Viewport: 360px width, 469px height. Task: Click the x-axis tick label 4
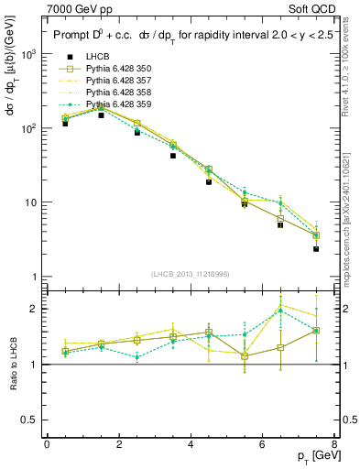(191, 444)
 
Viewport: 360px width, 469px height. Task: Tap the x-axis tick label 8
(334, 444)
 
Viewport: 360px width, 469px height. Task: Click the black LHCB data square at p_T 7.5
(316, 249)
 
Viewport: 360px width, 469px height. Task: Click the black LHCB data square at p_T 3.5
(172, 156)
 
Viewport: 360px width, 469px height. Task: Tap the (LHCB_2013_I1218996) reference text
(191, 275)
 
